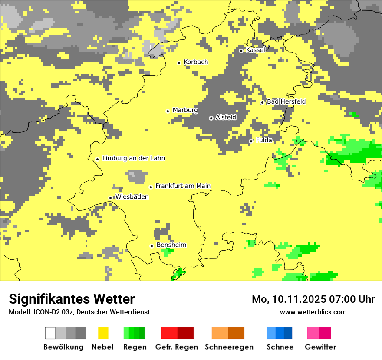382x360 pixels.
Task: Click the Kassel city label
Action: click(x=255, y=50)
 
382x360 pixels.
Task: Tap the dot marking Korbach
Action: click(x=179, y=63)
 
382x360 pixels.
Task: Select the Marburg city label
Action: click(x=185, y=110)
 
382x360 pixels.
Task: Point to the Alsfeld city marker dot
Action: click(x=211, y=118)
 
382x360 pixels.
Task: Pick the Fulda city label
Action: click(x=264, y=140)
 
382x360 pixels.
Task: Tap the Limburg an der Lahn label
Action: click(x=133, y=158)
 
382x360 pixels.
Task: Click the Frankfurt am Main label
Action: click(x=183, y=186)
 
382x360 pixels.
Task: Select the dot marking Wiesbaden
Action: click(x=110, y=198)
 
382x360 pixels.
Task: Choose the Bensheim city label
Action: click(x=171, y=245)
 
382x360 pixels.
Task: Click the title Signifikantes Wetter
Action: click(x=72, y=299)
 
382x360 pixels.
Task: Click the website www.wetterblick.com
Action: click(x=313, y=312)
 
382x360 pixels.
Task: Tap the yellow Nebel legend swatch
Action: click(x=103, y=333)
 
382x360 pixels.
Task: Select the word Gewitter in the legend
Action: click(x=320, y=347)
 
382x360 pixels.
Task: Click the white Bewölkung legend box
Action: click(x=50, y=333)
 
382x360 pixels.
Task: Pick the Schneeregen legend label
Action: click(x=229, y=347)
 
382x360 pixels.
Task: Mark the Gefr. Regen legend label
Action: click(x=177, y=347)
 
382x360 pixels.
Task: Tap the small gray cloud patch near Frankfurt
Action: click(x=137, y=176)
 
